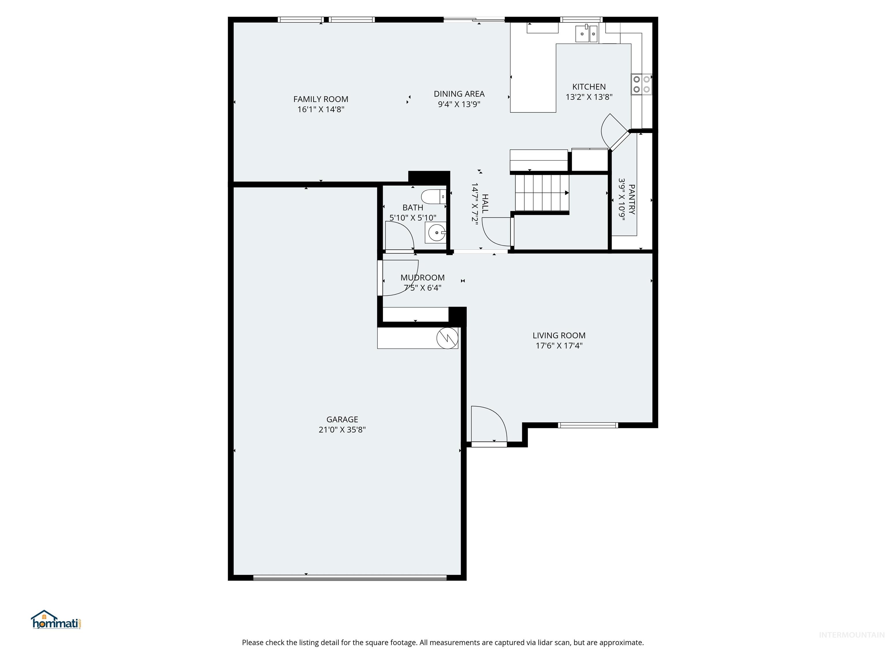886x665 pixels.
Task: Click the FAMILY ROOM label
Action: [320, 99]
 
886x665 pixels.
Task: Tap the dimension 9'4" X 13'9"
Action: [459, 104]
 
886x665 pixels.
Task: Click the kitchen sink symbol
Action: [586, 34]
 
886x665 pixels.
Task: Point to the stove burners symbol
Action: [641, 84]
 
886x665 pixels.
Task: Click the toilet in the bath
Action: [433, 197]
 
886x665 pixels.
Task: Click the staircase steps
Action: [542, 193]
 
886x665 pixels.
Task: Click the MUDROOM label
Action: [422, 277]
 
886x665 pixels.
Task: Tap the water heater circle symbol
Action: [447, 338]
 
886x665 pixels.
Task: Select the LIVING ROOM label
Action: [559, 335]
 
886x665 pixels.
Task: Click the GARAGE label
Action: [342, 419]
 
